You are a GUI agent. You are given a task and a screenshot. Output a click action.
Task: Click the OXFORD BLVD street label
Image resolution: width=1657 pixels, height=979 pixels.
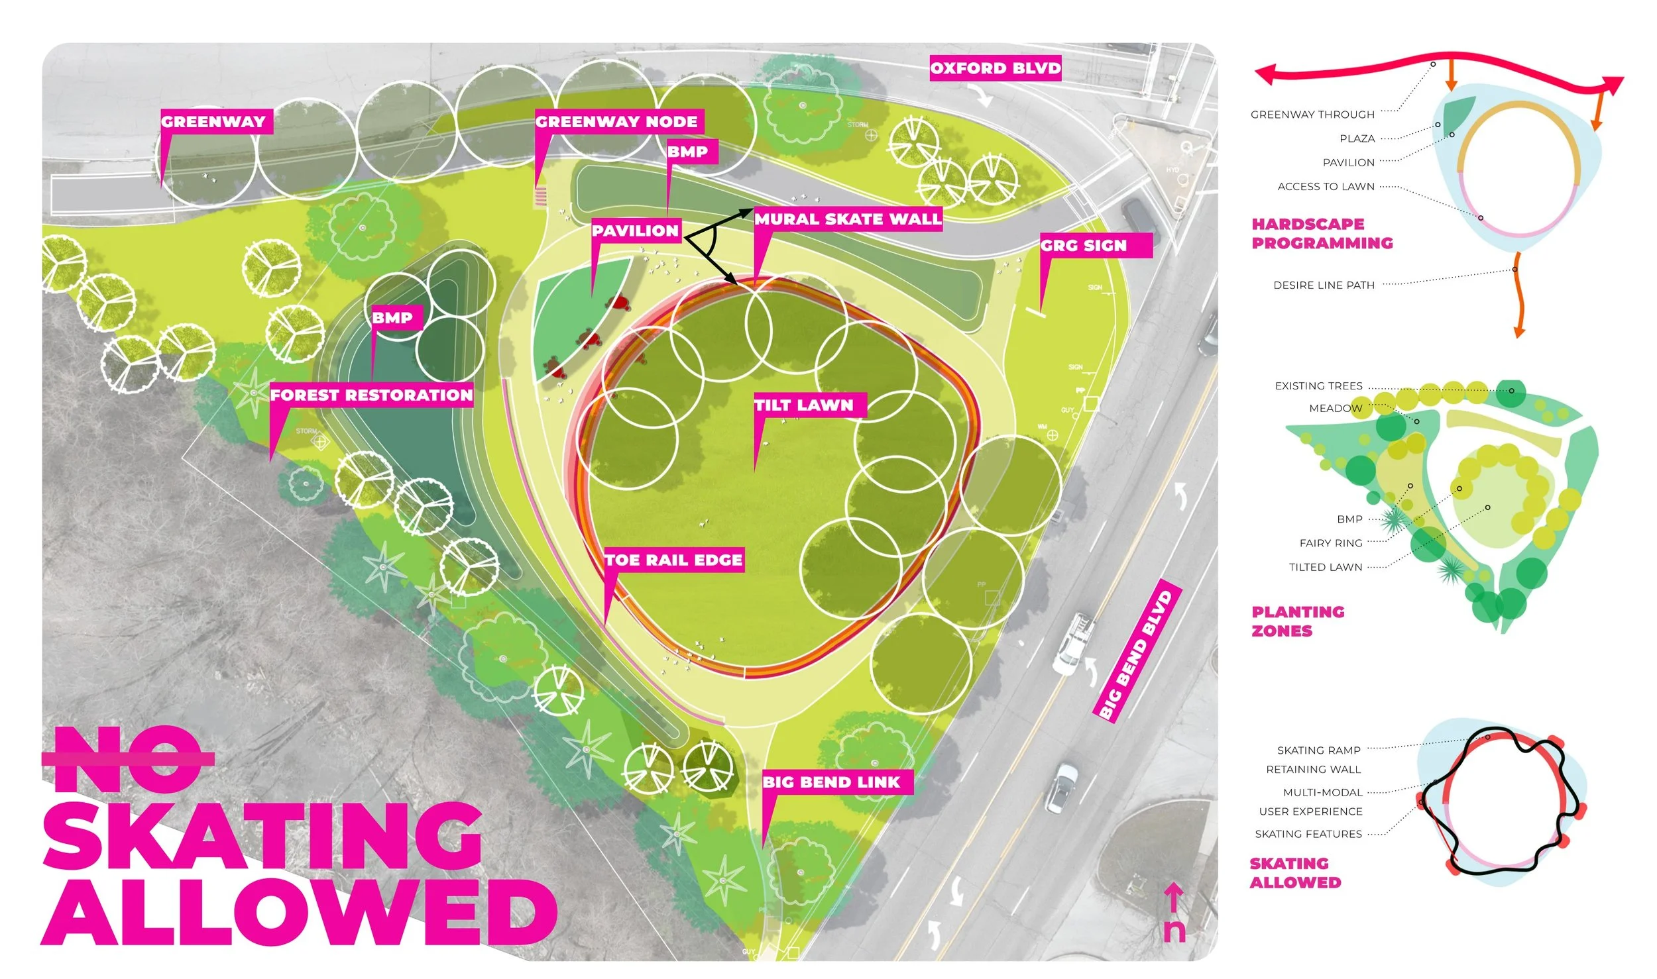[995, 68]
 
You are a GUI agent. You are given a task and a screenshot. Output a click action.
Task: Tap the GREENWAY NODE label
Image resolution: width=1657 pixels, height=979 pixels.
[616, 122]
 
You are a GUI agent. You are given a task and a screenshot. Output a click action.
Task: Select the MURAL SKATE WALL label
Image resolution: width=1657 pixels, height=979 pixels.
[848, 219]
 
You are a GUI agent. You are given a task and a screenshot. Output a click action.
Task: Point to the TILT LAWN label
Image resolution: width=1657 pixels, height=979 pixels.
[804, 405]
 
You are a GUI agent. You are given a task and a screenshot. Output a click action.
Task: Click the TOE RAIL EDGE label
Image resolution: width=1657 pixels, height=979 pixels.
[673, 560]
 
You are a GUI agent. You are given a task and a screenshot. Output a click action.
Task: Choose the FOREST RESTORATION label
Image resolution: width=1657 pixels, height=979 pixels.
[371, 395]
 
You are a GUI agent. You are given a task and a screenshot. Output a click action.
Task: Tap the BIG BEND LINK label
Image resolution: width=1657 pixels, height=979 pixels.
[831, 782]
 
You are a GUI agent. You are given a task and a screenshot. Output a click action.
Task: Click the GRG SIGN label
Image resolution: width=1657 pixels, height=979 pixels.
[1084, 246]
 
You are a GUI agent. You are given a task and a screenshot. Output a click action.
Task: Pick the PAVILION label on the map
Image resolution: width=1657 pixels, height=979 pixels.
[636, 231]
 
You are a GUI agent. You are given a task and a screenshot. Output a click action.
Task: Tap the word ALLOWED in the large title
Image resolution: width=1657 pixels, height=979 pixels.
[298, 913]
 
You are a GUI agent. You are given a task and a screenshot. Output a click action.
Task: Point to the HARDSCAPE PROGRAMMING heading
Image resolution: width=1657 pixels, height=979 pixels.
[1322, 233]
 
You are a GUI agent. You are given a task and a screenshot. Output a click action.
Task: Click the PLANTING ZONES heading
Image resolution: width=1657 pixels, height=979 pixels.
[1297, 621]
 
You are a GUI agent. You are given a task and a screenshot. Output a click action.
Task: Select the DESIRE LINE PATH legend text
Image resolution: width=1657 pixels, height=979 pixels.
[1324, 285]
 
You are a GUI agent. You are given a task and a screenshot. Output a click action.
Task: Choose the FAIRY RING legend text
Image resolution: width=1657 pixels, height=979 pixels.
[1330, 543]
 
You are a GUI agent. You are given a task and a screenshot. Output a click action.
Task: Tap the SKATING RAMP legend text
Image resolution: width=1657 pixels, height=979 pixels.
[1318, 750]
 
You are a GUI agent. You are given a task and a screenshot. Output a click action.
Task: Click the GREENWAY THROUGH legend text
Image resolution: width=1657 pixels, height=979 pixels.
[1312, 115]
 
